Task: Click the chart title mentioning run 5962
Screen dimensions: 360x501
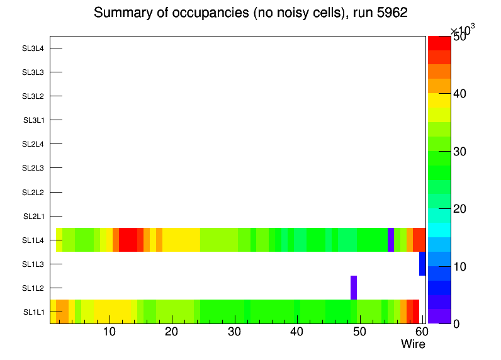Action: pyautogui.click(x=250, y=13)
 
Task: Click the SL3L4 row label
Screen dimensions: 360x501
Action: pyautogui.click(x=33, y=48)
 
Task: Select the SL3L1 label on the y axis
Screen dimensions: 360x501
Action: pyautogui.click(x=33, y=120)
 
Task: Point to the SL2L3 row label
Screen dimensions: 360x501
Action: pyautogui.click(x=33, y=168)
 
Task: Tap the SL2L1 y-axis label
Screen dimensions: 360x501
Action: pyautogui.click(x=33, y=217)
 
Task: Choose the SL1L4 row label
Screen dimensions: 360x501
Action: pyautogui.click(x=33, y=240)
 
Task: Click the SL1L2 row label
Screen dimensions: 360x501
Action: pyautogui.click(x=33, y=288)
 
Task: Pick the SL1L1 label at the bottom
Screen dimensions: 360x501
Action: pyautogui.click(x=33, y=312)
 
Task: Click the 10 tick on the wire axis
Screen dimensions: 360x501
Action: pyautogui.click(x=109, y=332)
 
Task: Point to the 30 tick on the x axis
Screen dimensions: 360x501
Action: pyautogui.click(x=234, y=332)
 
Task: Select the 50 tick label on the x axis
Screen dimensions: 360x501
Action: pyautogui.click(x=359, y=332)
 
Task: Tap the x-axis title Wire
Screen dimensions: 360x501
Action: pyautogui.click(x=413, y=344)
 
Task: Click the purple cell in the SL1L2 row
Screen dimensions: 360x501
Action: pyautogui.click(x=354, y=288)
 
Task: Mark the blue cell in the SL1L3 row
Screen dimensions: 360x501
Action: pyautogui.click(x=422, y=264)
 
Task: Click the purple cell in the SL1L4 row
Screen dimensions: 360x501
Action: pyautogui.click(x=391, y=240)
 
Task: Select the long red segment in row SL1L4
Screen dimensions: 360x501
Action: pyautogui.click(x=128, y=240)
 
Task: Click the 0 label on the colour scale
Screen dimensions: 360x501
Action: pyautogui.click(x=459, y=323)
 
